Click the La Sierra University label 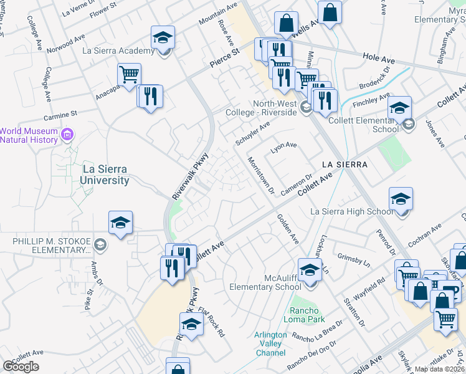tap(104, 175)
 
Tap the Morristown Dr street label tap(261, 175)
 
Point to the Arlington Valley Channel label tap(270, 343)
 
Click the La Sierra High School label tap(352, 212)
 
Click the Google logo tap(21, 367)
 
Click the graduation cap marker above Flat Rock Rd tap(191, 325)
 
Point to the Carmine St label tap(60, 115)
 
